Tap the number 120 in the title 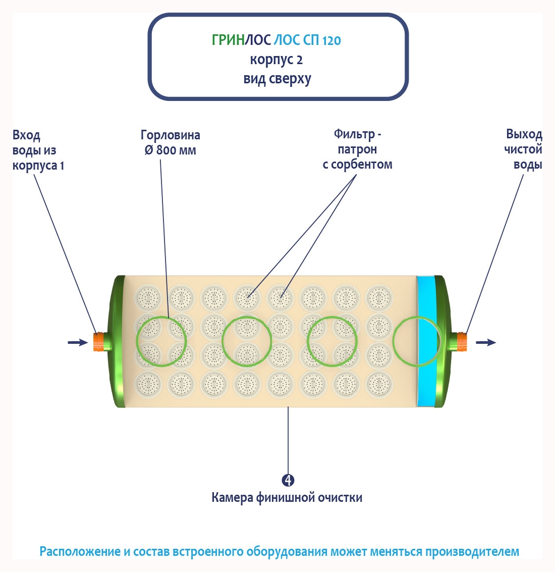(331, 40)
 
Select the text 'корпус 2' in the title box (276, 60)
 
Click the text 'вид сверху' (277, 79)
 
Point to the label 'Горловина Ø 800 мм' (170, 142)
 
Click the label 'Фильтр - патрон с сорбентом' (357, 149)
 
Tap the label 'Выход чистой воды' (523, 149)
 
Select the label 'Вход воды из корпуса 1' (38, 150)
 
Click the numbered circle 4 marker (288, 480)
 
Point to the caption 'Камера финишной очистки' (287, 497)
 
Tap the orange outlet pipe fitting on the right (461, 342)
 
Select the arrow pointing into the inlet (77, 342)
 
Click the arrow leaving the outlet (485, 342)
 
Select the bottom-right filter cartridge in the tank (378, 385)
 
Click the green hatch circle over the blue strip (418, 341)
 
